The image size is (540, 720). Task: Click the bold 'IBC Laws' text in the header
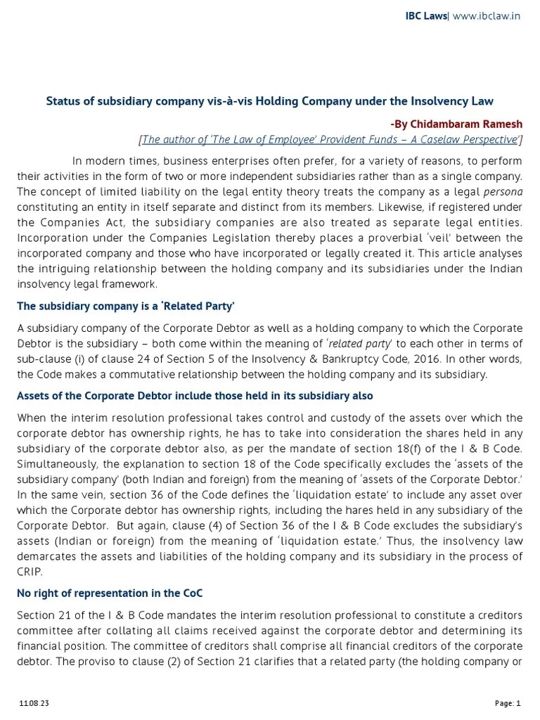[426, 15]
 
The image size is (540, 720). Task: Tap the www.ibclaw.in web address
[486, 15]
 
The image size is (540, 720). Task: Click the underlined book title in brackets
[330, 139]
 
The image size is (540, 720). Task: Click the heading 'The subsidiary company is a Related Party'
[125, 307]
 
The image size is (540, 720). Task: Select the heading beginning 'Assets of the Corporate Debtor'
[195, 396]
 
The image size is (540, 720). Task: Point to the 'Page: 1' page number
[508, 702]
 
